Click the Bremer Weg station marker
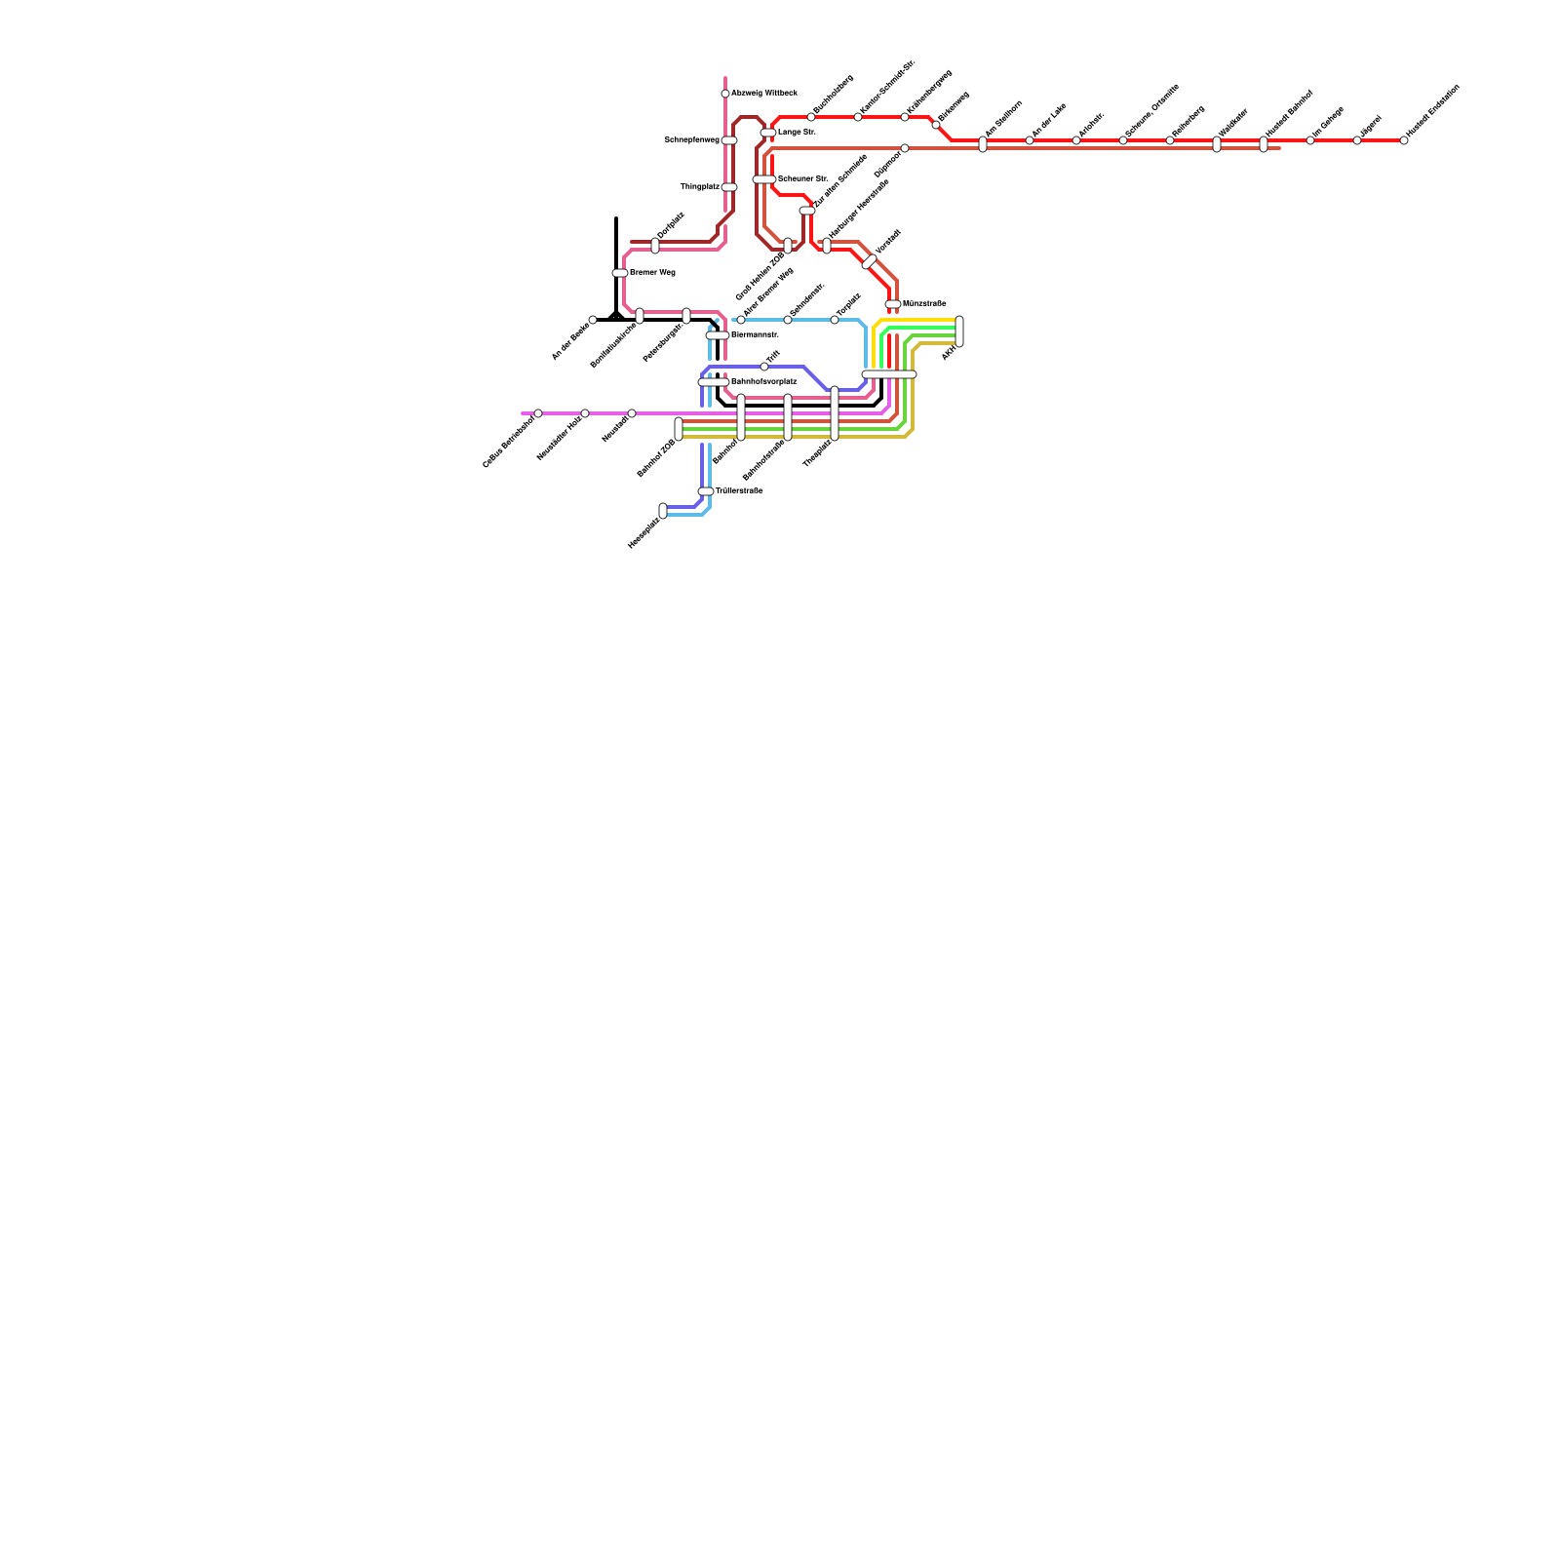[x=620, y=273]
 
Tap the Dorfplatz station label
[x=671, y=225]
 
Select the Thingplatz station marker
[x=729, y=187]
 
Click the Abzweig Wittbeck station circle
[x=725, y=94]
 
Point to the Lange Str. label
[x=797, y=132]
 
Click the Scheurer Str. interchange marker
[x=764, y=179]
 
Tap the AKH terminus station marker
[x=959, y=331]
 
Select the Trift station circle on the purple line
[x=764, y=367]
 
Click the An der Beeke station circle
[x=593, y=320]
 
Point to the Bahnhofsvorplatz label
[x=763, y=381]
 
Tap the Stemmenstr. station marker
[x=718, y=335]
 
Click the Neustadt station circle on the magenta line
[x=632, y=413]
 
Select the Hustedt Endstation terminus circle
[x=1404, y=140]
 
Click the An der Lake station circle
[x=1030, y=140]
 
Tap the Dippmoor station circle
[x=905, y=148]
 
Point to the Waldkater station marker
[x=1217, y=144]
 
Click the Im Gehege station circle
[x=1310, y=140]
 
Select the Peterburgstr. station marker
[x=686, y=316]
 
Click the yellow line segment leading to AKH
[x=916, y=320]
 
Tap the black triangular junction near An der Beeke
[x=615, y=315]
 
